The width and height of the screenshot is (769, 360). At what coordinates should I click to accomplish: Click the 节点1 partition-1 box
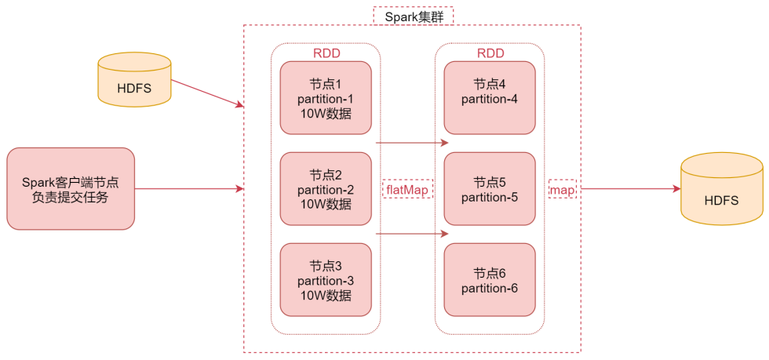326,98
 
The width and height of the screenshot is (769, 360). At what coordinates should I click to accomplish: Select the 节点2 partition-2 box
326,189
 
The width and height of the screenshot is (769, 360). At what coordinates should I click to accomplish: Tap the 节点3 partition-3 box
326,280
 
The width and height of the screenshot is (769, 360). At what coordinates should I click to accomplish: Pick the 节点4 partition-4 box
490,98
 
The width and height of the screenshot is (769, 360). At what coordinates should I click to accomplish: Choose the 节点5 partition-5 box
490,189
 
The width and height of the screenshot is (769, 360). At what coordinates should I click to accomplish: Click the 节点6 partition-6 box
490,280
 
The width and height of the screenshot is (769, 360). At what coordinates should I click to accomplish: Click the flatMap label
408,189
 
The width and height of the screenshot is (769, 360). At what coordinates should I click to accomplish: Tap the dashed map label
562,189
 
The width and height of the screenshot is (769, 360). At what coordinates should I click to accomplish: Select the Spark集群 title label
413,16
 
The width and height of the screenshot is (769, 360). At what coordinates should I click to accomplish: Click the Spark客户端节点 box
71,189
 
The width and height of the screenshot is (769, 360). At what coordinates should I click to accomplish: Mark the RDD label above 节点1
326,53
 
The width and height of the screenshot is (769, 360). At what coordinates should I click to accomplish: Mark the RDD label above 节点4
490,53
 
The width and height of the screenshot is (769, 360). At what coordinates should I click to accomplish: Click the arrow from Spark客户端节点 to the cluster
188,189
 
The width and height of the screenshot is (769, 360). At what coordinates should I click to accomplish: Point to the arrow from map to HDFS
628,189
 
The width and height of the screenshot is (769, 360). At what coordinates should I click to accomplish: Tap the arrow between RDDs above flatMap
411,144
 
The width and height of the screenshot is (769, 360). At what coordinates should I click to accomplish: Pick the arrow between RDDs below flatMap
411,234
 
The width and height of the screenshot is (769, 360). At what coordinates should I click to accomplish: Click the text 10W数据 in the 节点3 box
326,296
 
